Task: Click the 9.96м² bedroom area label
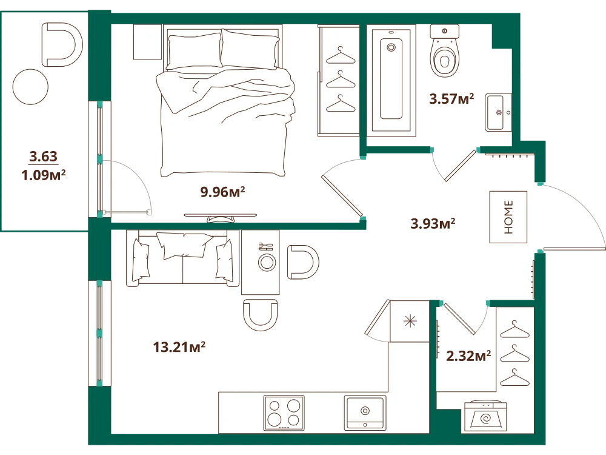point(222,192)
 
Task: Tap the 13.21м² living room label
point(179,346)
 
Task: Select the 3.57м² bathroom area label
point(451,99)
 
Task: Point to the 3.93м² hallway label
point(433,223)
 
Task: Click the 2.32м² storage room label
point(468,356)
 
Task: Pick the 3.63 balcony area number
point(43,157)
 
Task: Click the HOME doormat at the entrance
point(508,217)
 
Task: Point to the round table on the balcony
point(30,87)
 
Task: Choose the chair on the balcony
point(62,44)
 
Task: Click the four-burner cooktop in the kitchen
point(284,413)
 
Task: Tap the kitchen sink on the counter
point(365,413)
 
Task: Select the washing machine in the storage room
point(485,416)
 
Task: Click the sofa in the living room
point(183,258)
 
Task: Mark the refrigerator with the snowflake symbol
point(410,321)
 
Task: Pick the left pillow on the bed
point(195,52)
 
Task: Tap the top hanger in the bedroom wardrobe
point(341,56)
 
